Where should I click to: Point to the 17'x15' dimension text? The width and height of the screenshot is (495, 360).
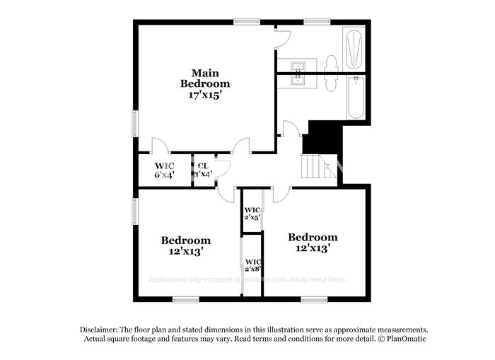[205, 95]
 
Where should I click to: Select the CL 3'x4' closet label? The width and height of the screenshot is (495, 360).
[203, 170]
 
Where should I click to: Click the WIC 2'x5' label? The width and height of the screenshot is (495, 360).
[252, 214]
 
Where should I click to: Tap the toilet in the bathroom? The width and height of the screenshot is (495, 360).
[331, 70]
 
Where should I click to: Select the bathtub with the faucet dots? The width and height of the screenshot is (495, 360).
[355, 98]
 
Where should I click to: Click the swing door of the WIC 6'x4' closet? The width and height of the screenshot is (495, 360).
[160, 146]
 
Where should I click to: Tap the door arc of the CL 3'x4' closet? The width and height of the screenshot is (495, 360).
[222, 167]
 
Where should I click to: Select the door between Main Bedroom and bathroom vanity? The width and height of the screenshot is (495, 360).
[281, 39]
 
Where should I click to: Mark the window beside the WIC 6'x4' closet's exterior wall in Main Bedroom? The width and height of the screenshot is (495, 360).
[136, 123]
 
